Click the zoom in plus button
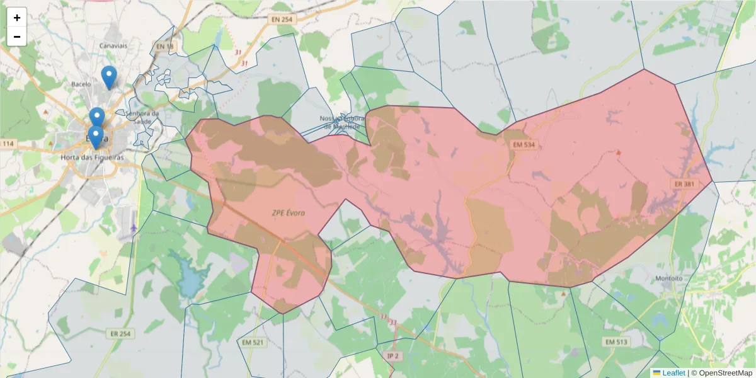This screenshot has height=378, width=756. click(x=17, y=18)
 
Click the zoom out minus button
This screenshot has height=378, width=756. click(x=17, y=37)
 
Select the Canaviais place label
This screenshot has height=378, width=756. click(x=113, y=46)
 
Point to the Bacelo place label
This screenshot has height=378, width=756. click(x=81, y=84)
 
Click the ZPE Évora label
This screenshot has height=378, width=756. click(x=288, y=213)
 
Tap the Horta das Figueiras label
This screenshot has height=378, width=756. click(x=92, y=157)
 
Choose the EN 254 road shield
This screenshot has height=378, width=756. click(x=282, y=20)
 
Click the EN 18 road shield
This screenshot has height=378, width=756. click(x=164, y=47)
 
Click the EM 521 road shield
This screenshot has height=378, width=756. click(x=253, y=343)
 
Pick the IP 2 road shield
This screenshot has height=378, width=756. click(x=393, y=356)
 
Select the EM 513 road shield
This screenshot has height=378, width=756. click(x=616, y=341)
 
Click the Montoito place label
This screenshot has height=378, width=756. click(x=669, y=278)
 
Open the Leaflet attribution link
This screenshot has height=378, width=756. click(x=673, y=373)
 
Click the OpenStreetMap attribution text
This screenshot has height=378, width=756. click(x=725, y=373)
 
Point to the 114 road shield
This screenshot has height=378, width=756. click(x=8, y=144)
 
